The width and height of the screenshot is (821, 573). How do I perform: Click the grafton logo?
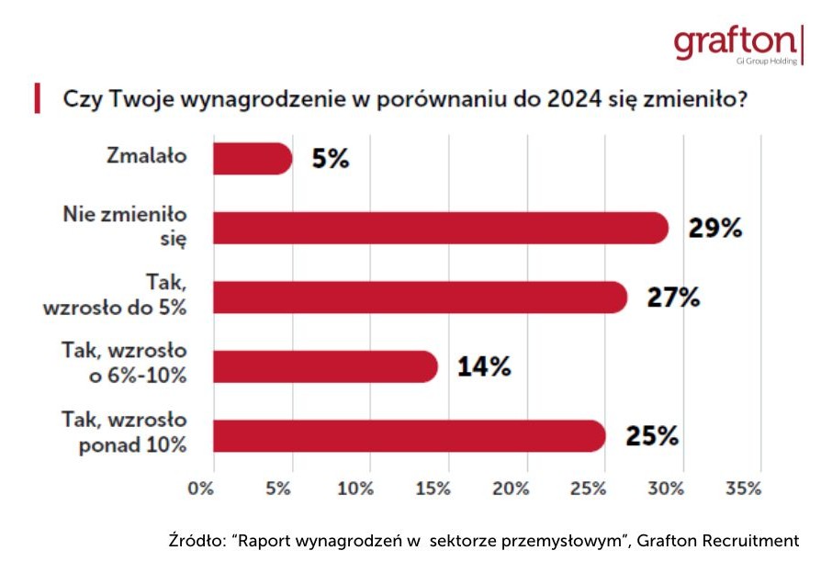(734, 44)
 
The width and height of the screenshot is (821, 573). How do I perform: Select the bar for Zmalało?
(252, 159)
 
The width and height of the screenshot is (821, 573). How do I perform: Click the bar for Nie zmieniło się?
(440, 228)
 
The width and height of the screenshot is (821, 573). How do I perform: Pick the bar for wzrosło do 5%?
(420, 298)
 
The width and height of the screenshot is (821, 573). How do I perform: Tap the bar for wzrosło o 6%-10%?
(325, 366)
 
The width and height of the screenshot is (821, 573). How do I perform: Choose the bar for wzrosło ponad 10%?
(409, 436)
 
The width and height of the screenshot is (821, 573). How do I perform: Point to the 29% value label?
(714, 228)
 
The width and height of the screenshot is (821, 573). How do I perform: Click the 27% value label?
(673, 298)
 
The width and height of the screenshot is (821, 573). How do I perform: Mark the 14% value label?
(484, 366)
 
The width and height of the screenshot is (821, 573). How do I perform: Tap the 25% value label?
(652, 436)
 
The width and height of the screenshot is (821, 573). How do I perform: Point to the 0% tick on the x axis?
(201, 489)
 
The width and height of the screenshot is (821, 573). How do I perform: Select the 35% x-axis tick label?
(743, 489)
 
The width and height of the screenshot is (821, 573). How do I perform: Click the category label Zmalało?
(146, 156)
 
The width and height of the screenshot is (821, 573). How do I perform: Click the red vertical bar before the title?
(38, 98)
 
